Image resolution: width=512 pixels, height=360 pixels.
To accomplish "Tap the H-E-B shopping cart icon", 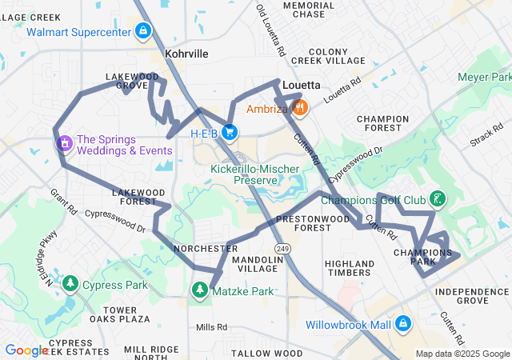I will pyautogui.click(x=230, y=132).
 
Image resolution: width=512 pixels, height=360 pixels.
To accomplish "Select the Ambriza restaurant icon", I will pyautogui.click(x=299, y=108).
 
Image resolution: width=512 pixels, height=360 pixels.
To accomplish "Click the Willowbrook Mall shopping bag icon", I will pyautogui.click(x=403, y=325).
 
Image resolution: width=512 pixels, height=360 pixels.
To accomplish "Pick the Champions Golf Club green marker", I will pyautogui.click(x=437, y=198).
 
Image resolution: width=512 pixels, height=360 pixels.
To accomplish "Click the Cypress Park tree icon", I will pyautogui.click(x=70, y=284).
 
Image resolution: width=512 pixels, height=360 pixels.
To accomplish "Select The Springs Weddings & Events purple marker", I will pyautogui.click(x=63, y=143).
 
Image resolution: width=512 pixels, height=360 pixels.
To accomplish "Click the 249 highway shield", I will pyautogui.click(x=282, y=250).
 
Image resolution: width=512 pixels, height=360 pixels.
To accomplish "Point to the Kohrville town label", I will pyautogui.click(x=186, y=54).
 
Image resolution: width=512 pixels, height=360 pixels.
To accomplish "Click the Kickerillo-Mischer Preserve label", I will pyautogui.click(x=254, y=174).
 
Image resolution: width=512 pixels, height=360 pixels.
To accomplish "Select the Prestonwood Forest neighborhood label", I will pyautogui.click(x=302, y=223).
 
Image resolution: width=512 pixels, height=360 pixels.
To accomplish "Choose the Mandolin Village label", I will pyautogui.click(x=254, y=265).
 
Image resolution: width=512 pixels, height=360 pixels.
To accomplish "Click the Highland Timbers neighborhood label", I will pyautogui.click(x=350, y=268).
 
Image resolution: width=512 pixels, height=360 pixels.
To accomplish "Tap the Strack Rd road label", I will pyautogui.click(x=486, y=134).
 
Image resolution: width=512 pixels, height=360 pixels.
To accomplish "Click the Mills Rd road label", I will pyautogui.click(x=211, y=327).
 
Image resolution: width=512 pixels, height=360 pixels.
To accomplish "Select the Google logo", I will pyautogui.click(x=26, y=350).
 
